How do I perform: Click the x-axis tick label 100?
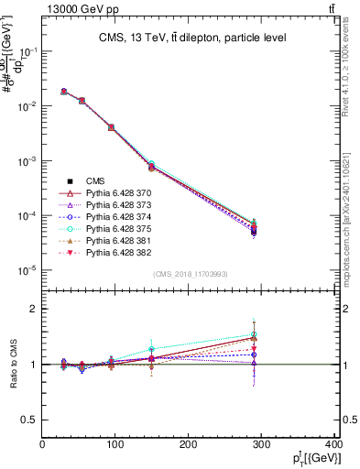click(115, 445)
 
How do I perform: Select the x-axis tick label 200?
click(189, 445)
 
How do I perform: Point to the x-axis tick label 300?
click(262, 445)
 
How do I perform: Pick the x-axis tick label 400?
click(333, 445)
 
